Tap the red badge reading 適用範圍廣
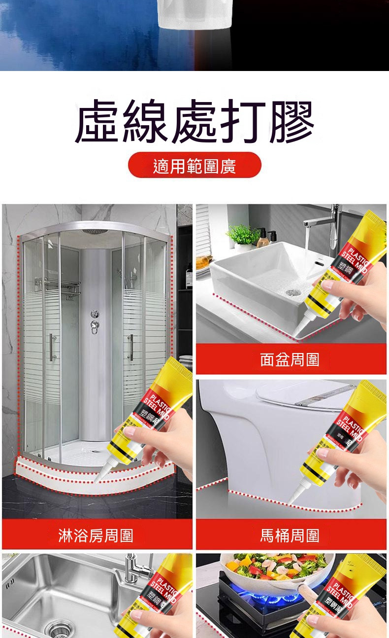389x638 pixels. tap(194, 166)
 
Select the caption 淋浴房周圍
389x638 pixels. tap(96, 535)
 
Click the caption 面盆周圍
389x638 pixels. tap(290, 359)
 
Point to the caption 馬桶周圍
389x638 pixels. tap(290, 535)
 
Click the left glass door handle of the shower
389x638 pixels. tap(51, 348)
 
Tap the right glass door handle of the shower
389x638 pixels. tap(131, 348)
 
